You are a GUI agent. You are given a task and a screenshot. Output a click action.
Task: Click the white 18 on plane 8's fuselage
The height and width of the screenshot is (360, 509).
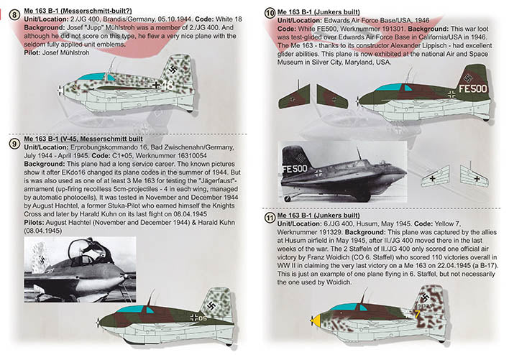point(188,84)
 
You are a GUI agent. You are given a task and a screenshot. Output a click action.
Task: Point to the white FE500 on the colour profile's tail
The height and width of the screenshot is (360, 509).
point(473,89)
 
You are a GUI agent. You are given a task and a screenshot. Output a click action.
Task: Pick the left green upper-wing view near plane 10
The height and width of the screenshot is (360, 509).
point(295,95)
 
